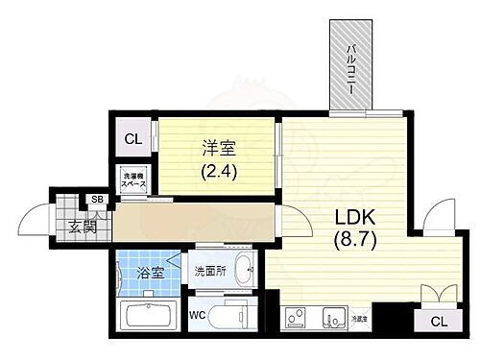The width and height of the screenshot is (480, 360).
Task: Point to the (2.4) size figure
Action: [x=218, y=173]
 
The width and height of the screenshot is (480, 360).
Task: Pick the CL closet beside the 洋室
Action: [x=133, y=139]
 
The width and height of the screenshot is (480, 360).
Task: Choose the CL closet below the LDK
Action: [x=437, y=322]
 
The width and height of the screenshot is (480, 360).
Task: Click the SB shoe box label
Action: [x=96, y=200]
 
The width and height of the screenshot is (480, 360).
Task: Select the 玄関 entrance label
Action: [x=82, y=227]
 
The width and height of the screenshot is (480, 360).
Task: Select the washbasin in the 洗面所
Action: [x=243, y=272]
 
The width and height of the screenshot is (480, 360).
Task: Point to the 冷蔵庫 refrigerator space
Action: [x=359, y=318]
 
